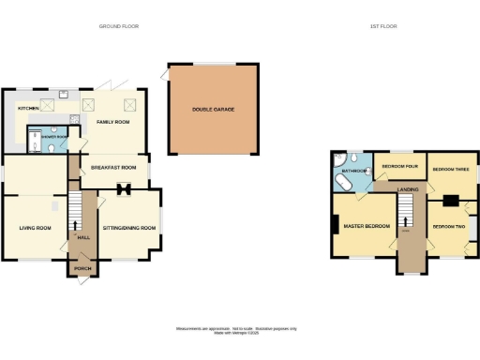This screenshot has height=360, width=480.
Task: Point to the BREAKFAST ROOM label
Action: (120, 167)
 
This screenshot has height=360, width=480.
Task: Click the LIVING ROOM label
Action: (36, 227)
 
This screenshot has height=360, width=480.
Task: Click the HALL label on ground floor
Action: (82, 238)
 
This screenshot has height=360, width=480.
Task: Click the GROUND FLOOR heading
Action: (119, 27)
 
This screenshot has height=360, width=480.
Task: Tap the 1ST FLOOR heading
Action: (384, 27)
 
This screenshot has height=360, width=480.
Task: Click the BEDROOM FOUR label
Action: (398, 168)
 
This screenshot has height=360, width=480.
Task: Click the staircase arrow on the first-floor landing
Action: (406, 221)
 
